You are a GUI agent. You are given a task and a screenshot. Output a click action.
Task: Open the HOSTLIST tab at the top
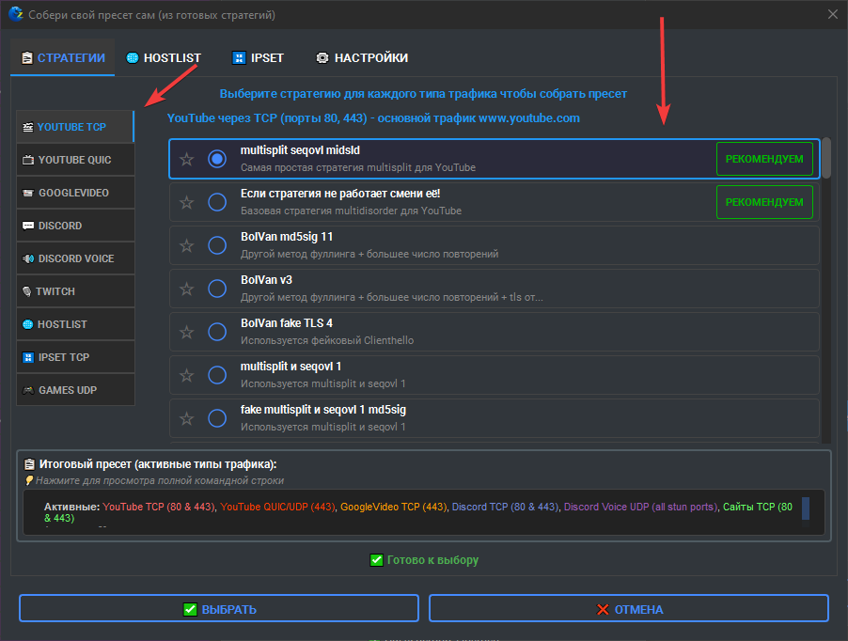pos(164,58)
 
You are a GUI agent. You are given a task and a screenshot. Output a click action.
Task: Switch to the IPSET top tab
pos(258,58)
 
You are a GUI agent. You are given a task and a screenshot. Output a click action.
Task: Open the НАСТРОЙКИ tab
pos(362,58)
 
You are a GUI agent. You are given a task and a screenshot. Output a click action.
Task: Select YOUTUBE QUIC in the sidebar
pos(75,160)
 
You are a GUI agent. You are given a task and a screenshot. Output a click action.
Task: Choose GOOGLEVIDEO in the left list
pos(75,193)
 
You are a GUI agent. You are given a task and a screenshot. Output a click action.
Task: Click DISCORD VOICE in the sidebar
pos(75,258)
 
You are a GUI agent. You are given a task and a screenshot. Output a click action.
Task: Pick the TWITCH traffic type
pos(75,291)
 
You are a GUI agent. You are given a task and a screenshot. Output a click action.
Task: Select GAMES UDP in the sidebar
pos(75,390)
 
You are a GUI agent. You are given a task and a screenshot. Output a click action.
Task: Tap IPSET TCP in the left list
pos(75,357)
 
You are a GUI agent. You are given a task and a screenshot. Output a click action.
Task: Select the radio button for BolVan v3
pos(217,289)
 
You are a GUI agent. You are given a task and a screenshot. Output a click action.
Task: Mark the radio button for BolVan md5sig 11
pos(217,245)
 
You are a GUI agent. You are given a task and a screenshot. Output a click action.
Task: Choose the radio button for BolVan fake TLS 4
pos(217,332)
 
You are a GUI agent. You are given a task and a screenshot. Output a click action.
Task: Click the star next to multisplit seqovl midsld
pos(186,159)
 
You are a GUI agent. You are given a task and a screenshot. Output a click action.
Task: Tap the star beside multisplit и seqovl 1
pos(186,375)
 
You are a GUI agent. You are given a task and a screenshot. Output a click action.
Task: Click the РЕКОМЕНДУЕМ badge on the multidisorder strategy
pos(764,202)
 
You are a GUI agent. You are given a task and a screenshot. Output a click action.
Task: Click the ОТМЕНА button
pos(628,608)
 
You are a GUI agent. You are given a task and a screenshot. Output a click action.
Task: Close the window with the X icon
pos(833,15)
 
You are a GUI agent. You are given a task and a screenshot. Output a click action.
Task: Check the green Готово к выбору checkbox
pos(376,560)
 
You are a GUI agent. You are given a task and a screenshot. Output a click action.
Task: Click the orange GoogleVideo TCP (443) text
pos(394,507)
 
